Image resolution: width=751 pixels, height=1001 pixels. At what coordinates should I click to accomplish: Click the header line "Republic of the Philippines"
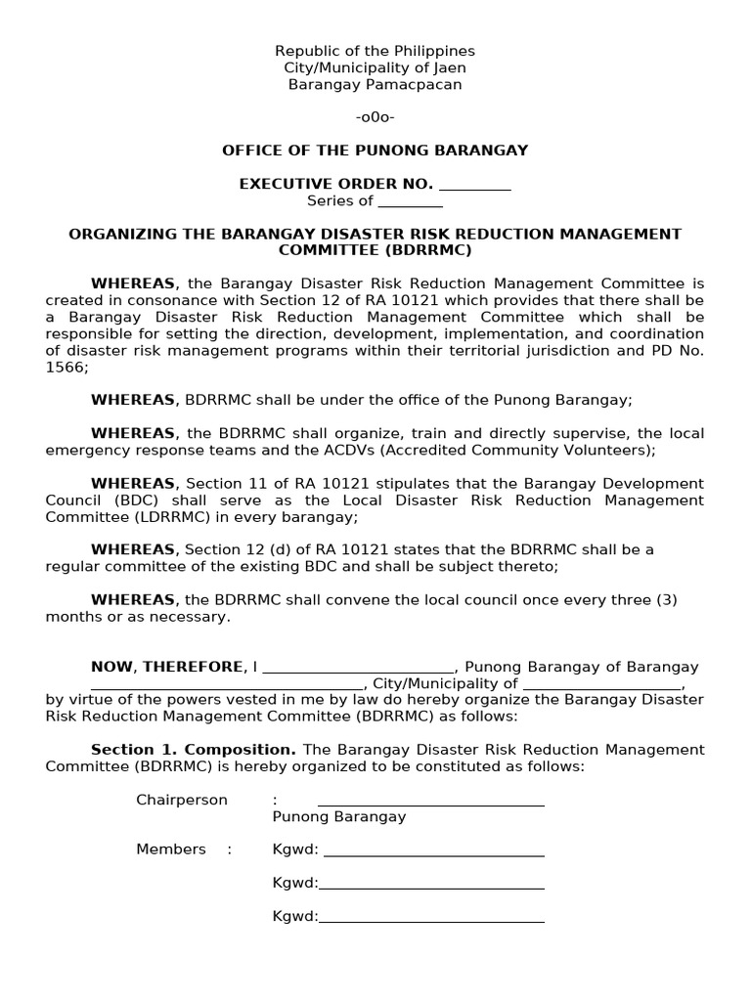pos(375,51)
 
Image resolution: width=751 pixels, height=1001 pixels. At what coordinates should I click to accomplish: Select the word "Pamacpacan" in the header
pos(412,85)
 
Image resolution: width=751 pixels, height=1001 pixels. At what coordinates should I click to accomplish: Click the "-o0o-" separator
pos(375,117)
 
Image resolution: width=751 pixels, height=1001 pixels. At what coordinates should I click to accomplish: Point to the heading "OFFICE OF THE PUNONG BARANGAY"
pos(375,151)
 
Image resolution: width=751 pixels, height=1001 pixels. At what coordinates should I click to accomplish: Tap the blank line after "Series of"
pos(410,201)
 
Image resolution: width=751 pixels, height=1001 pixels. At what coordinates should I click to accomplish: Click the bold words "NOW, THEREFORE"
pos(169,667)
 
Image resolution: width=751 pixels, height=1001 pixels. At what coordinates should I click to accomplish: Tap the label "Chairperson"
pos(181,801)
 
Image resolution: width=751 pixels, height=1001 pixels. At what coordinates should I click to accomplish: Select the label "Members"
pos(171,849)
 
